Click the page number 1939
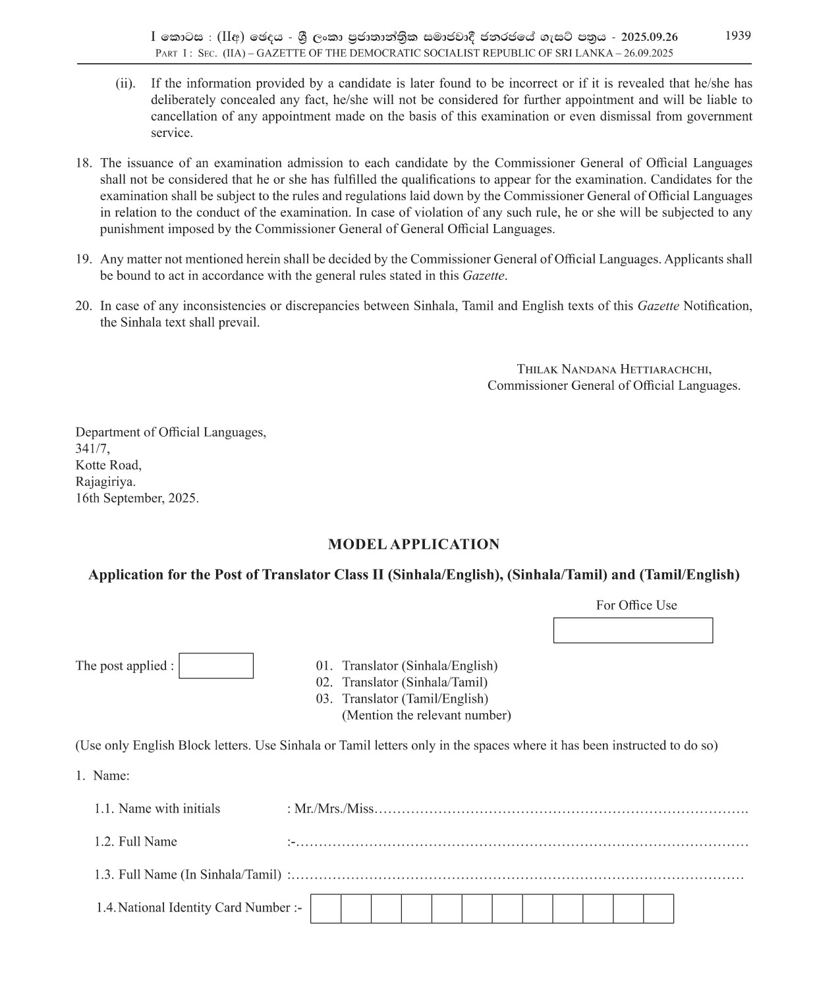[x=738, y=36]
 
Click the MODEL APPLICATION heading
[x=414, y=545]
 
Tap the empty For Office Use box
[x=632, y=630]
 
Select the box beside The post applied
[x=216, y=666]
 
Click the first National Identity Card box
[x=325, y=909]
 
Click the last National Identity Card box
[x=658, y=909]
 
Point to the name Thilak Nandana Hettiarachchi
[x=613, y=369]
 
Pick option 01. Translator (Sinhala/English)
[x=406, y=666]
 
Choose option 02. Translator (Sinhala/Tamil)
[x=402, y=682]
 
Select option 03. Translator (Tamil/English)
[x=402, y=699]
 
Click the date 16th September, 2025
[x=137, y=498]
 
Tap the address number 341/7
[x=92, y=448]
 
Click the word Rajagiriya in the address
[x=105, y=481]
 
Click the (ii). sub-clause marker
[x=125, y=84]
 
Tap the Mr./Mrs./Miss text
[x=333, y=809]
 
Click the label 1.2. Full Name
[x=136, y=842]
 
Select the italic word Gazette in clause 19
[x=483, y=276]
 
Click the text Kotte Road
[x=108, y=465]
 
